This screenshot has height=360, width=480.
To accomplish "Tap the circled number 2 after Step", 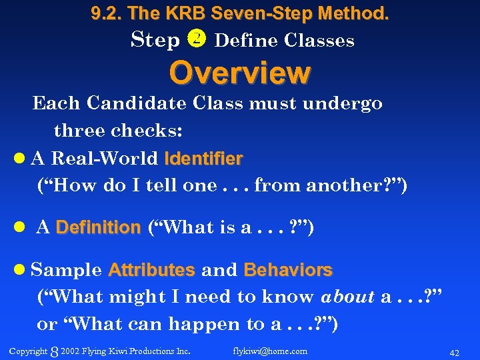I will pos(198,40).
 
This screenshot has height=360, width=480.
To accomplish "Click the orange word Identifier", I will pos(203,159).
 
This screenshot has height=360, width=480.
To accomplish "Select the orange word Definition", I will pos(98,228).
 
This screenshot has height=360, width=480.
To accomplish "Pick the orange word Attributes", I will pos(151,270).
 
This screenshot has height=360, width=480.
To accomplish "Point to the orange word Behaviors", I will pos(288,270).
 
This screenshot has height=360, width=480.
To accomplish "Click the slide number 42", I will pos(455,351).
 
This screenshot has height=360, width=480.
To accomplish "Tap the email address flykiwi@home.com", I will pos(270,351).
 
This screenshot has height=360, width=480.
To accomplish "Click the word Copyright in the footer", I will pos(28,351).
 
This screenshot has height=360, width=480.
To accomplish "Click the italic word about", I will pos(347,297).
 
